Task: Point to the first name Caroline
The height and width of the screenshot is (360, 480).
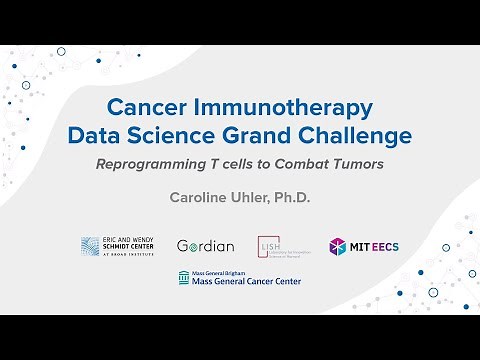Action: pos(197,197)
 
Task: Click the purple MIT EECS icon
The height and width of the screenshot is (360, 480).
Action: pos(339,246)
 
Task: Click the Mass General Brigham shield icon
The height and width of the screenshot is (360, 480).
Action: pos(183,278)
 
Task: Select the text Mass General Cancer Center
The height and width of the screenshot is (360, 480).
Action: pos(246,282)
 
